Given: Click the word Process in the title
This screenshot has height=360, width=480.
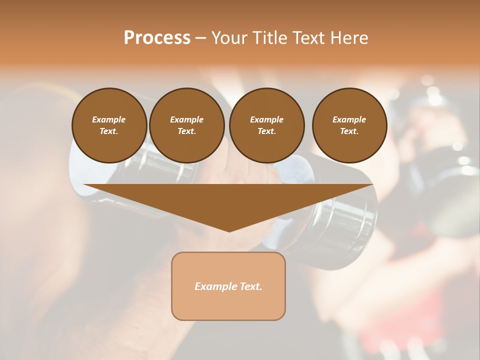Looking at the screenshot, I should point(157,38).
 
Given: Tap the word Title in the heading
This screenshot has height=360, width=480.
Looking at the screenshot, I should point(268,38).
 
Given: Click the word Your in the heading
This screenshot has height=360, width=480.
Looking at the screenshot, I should point(230,38).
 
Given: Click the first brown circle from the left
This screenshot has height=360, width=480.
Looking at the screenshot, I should point(109,125).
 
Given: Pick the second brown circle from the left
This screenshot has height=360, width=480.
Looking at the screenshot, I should point(186,125).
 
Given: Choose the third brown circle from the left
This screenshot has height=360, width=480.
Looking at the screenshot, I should point(266,125).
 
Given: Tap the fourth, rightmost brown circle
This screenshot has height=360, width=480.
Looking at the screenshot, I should point(349,125).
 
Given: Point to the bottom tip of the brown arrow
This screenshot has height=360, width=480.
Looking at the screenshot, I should point(229,231).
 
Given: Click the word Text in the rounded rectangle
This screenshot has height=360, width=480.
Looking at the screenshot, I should point(250,286).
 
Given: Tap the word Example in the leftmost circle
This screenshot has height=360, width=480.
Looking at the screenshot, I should point(109,119).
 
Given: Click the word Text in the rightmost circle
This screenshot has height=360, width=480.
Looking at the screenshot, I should point(349,131).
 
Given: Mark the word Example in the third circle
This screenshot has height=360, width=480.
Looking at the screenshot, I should point(266,119).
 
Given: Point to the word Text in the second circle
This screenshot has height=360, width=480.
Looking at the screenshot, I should point(186,131).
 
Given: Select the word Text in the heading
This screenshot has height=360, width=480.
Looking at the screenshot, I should point(308,38).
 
